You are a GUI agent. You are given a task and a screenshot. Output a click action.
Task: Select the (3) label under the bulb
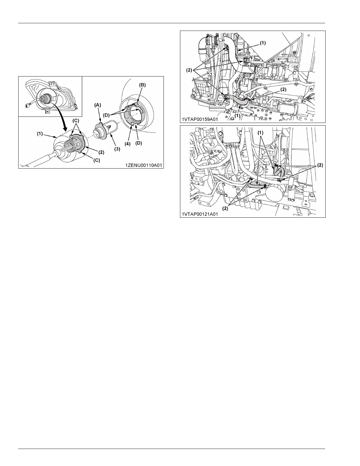117,149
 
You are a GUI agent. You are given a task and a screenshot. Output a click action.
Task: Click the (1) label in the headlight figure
40,134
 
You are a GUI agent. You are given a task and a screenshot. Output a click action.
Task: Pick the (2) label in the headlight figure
101,152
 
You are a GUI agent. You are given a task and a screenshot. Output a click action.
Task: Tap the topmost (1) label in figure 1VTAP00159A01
262,43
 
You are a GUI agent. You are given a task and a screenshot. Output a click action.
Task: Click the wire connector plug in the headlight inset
29,104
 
